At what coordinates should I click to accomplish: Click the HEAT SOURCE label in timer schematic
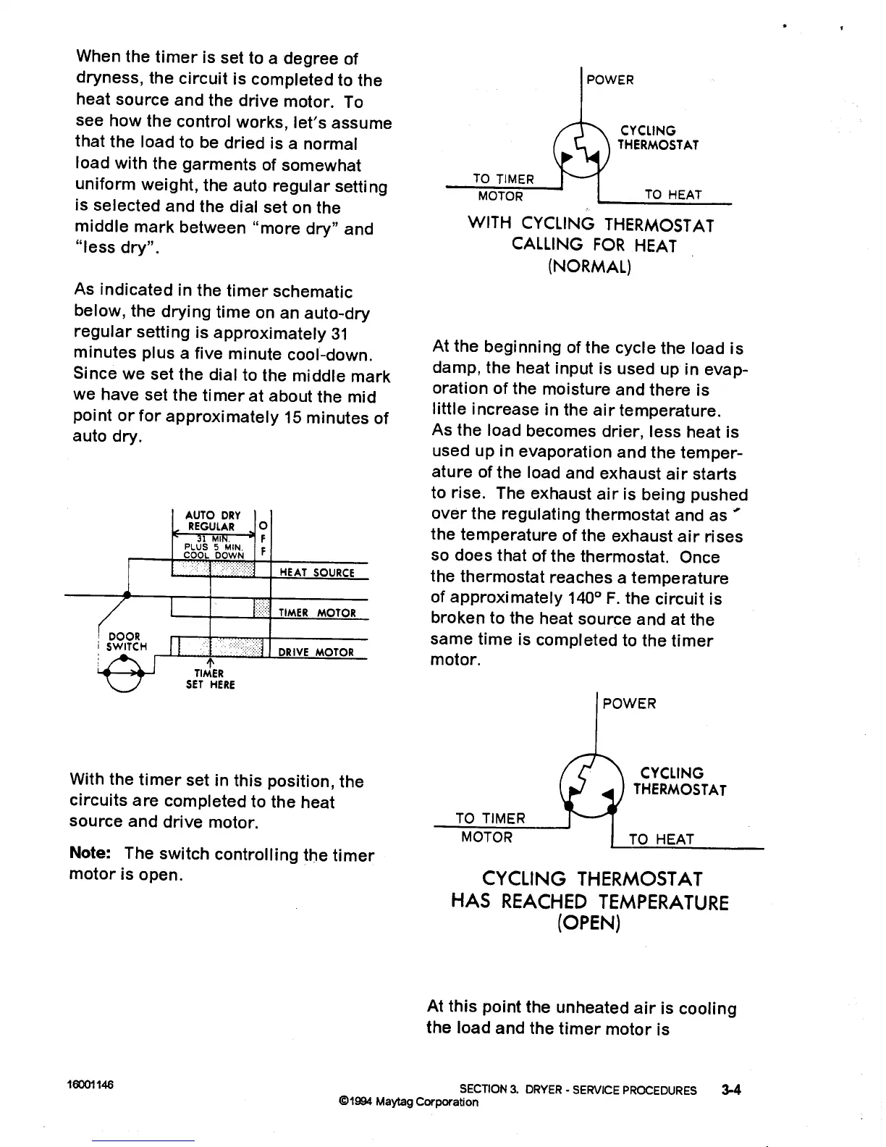coord(316,573)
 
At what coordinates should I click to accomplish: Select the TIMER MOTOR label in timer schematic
coord(317,613)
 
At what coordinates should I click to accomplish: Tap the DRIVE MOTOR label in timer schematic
coord(316,652)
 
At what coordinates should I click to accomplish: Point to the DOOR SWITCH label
coord(126,642)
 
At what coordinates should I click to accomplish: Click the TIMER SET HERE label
coord(210,678)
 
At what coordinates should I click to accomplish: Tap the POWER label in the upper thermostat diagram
coord(609,80)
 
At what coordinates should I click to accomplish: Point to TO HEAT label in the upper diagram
coord(672,194)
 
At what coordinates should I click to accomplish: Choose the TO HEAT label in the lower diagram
coord(661,839)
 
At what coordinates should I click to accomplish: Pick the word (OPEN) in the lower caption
coord(589,924)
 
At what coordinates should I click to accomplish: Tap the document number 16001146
coord(90,1085)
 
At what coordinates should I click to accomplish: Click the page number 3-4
coord(731,1089)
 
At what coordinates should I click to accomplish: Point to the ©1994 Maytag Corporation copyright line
coord(408,1102)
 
